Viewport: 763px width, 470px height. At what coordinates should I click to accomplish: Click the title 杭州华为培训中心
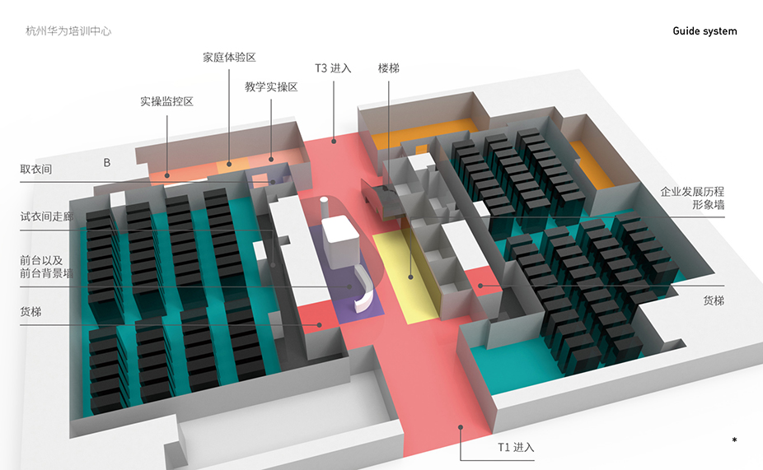(68, 31)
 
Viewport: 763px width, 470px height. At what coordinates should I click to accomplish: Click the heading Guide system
(704, 31)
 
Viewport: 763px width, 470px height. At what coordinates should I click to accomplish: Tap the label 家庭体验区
(230, 58)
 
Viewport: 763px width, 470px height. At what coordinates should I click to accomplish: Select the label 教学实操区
(270, 86)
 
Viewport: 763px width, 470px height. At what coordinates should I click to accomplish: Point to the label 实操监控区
(166, 101)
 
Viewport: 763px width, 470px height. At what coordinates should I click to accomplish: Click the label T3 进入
(333, 68)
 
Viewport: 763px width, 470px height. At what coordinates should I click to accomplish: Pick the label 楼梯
(389, 68)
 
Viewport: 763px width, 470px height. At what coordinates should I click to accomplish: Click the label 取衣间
(36, 170)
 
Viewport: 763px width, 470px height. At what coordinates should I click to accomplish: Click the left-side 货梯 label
(31, 312)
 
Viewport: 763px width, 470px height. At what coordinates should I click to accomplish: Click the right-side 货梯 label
(714, 301)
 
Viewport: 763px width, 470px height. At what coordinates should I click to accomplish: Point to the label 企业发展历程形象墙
(692, 198)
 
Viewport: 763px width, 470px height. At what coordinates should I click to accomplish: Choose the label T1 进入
(517, 447)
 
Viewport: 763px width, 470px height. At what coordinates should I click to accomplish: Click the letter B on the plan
(106, 162)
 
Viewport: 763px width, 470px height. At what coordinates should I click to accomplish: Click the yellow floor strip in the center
(404, 276)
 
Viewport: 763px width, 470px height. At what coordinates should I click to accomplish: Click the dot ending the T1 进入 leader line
(461, 427)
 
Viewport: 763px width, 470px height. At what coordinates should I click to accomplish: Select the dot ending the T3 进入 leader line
(334, 142)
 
